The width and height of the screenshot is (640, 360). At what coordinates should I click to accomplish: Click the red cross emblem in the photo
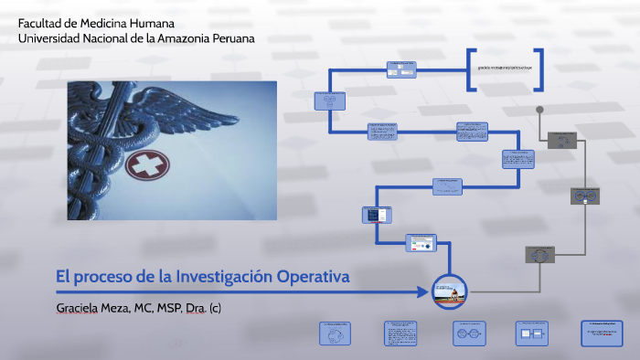[x=142, y=165]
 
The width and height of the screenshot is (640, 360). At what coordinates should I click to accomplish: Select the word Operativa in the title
[x=313, y=276]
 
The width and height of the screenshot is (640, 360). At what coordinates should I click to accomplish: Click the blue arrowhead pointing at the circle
[x=423, y=292]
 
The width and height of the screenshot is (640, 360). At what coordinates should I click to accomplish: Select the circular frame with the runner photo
[x=449, y=291]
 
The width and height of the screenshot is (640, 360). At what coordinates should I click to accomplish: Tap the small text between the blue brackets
[x=504, y=69]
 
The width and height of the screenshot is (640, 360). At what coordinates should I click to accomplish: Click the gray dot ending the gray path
[x=540, y=109]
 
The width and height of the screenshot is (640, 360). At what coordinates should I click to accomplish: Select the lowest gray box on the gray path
[x=539, y=254]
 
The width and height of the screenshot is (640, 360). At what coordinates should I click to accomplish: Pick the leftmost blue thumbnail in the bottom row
[x=336, y=334]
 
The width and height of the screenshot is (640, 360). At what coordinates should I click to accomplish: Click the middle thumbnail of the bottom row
[x=468, y=334]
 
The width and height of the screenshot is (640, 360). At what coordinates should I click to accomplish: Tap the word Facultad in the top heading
[x=39, y=23]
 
